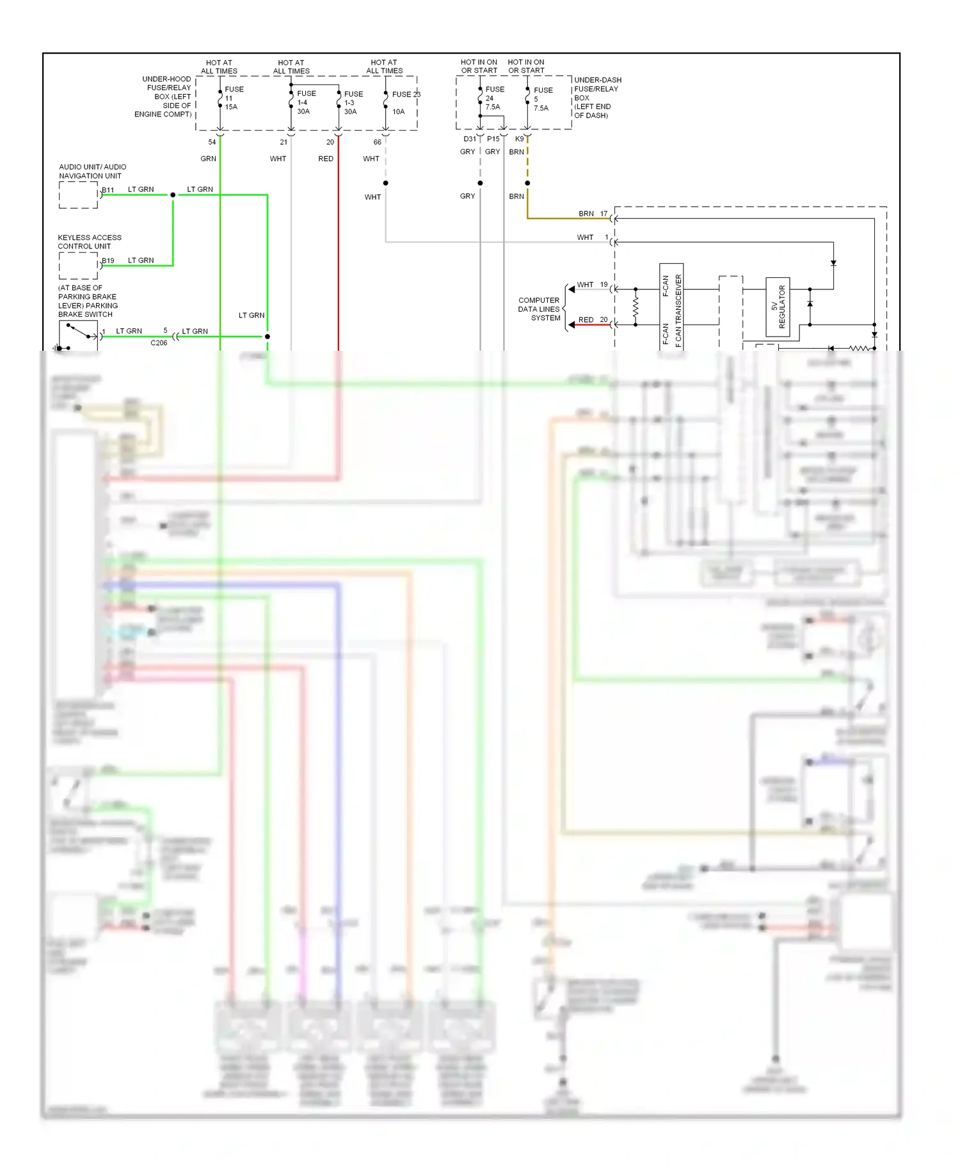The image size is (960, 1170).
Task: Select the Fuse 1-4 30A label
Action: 305,102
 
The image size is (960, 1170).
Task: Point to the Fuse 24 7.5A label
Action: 494,98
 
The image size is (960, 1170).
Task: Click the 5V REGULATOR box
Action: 778,307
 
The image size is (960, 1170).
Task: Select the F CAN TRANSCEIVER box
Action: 671,307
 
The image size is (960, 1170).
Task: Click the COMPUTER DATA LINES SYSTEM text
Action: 540,309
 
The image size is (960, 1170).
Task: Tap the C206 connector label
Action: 159,343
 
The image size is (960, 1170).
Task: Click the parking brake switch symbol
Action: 78,335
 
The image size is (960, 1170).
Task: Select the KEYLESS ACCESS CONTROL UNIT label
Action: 90,242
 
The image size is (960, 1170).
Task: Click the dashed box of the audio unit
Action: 78,195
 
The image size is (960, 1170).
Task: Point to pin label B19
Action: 108,260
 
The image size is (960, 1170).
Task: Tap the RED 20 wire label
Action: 593,320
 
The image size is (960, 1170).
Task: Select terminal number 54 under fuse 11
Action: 212,142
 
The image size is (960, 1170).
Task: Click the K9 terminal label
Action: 519,139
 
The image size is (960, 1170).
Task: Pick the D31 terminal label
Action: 469,139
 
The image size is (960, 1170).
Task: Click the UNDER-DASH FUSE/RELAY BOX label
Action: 597,97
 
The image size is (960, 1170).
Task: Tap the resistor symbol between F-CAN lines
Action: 636,307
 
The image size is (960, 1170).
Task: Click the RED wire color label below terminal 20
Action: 326,159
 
